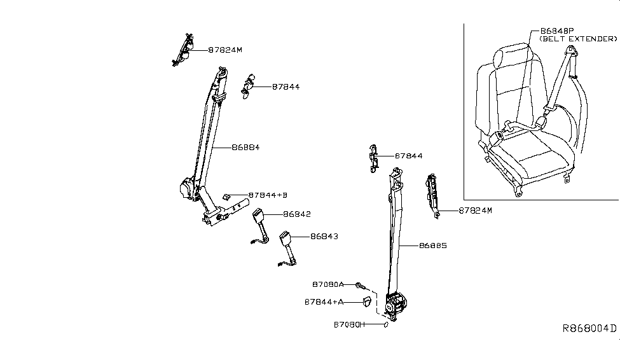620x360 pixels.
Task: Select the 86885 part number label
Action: (434, 246)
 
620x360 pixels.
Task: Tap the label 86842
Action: (296, 214)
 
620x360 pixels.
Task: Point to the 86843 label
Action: (324, 237)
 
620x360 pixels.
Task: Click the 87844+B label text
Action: (269, 195)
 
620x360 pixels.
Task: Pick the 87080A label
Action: (328, 284)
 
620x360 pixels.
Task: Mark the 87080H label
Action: (350, 324)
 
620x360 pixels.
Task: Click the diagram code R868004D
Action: (589, 328)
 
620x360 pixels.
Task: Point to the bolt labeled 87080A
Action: (359, 284)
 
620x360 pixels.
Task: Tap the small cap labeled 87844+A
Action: (366, 301)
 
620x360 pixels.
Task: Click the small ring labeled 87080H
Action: (385, 324)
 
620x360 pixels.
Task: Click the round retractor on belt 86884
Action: (188, 190)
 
